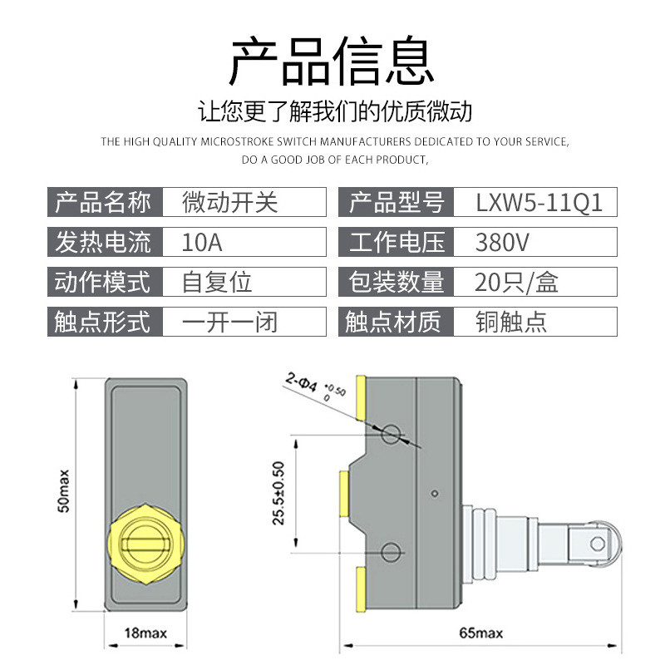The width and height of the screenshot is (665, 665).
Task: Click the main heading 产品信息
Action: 332,62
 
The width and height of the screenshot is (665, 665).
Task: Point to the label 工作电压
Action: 396,242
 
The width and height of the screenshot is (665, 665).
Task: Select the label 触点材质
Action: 396,322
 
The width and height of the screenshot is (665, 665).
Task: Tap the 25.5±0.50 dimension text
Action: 278,493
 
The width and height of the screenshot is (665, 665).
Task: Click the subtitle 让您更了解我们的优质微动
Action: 332,111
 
